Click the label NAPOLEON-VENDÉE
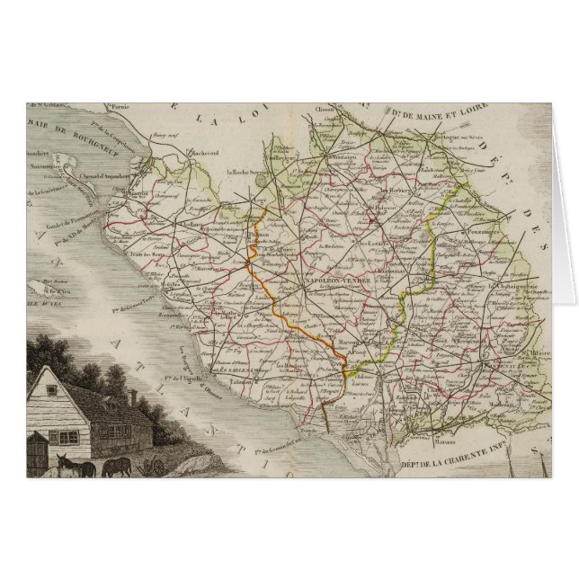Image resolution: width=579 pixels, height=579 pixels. [x=333, y=281]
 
